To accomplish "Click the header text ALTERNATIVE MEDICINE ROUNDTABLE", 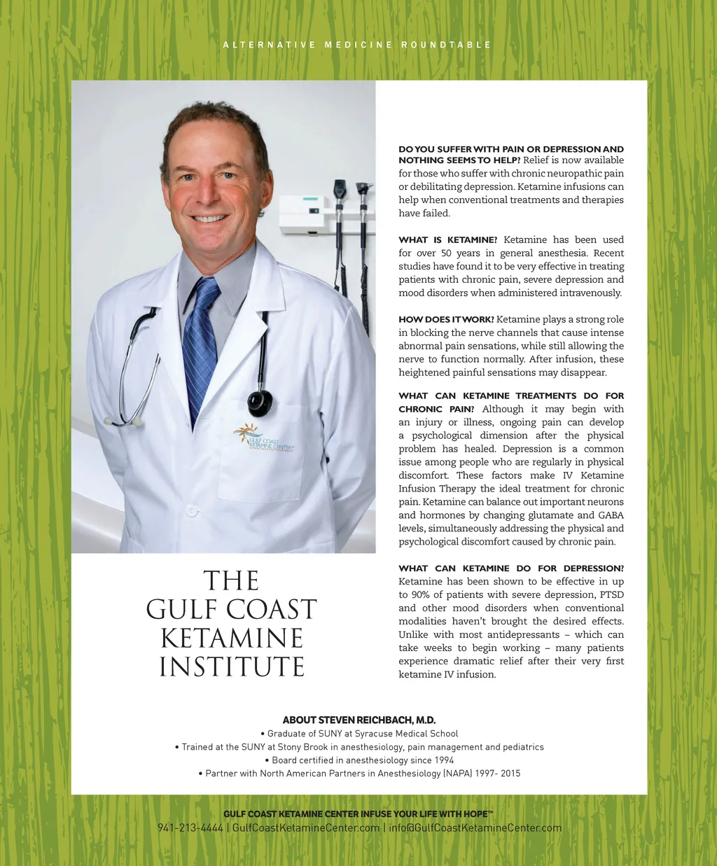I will [357, 45].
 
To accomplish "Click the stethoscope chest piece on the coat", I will [260, 403].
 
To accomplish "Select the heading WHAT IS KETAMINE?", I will [448, 240].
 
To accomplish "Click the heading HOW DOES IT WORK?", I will [446, 320].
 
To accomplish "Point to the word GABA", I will [611, 515].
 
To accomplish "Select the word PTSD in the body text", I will [611, 595].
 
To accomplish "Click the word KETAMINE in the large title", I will [232, 638].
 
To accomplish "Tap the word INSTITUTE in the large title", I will [232, 667].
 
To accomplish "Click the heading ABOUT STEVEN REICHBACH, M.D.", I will [359, 720].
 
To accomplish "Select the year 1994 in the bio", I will [443, 760].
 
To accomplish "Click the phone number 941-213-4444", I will [190, 828].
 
